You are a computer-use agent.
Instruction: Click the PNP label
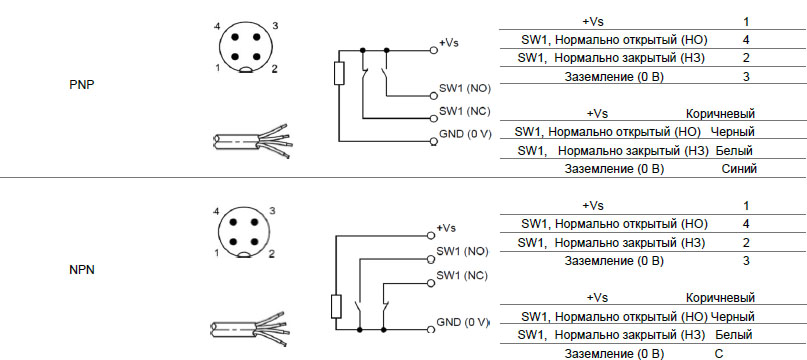(82, 85)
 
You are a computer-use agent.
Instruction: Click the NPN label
(82, 270)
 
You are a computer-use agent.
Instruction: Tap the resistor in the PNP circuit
(339, 73)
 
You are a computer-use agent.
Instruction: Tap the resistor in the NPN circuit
(336, 306)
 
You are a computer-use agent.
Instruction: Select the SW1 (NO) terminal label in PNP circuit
(465, 88)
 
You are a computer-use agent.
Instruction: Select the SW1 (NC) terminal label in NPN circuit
(462, 276)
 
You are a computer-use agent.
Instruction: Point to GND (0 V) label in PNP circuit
(465, 134)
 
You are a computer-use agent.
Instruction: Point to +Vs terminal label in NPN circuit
(446, 228)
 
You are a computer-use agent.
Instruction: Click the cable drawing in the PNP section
(252, 140)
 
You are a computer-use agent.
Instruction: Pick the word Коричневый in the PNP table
(720, 113)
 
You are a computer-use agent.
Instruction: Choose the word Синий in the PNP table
(739, 168)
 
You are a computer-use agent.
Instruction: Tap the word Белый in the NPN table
(734, 335)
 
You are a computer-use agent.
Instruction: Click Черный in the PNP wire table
(733, 132)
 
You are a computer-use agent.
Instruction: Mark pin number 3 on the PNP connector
(275, 26)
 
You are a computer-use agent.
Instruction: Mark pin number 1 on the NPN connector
(217, 253)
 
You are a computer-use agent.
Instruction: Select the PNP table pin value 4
(746, 40)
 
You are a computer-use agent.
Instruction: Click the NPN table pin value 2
(746, 243)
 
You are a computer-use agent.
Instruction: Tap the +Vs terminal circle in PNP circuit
(434, 50)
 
